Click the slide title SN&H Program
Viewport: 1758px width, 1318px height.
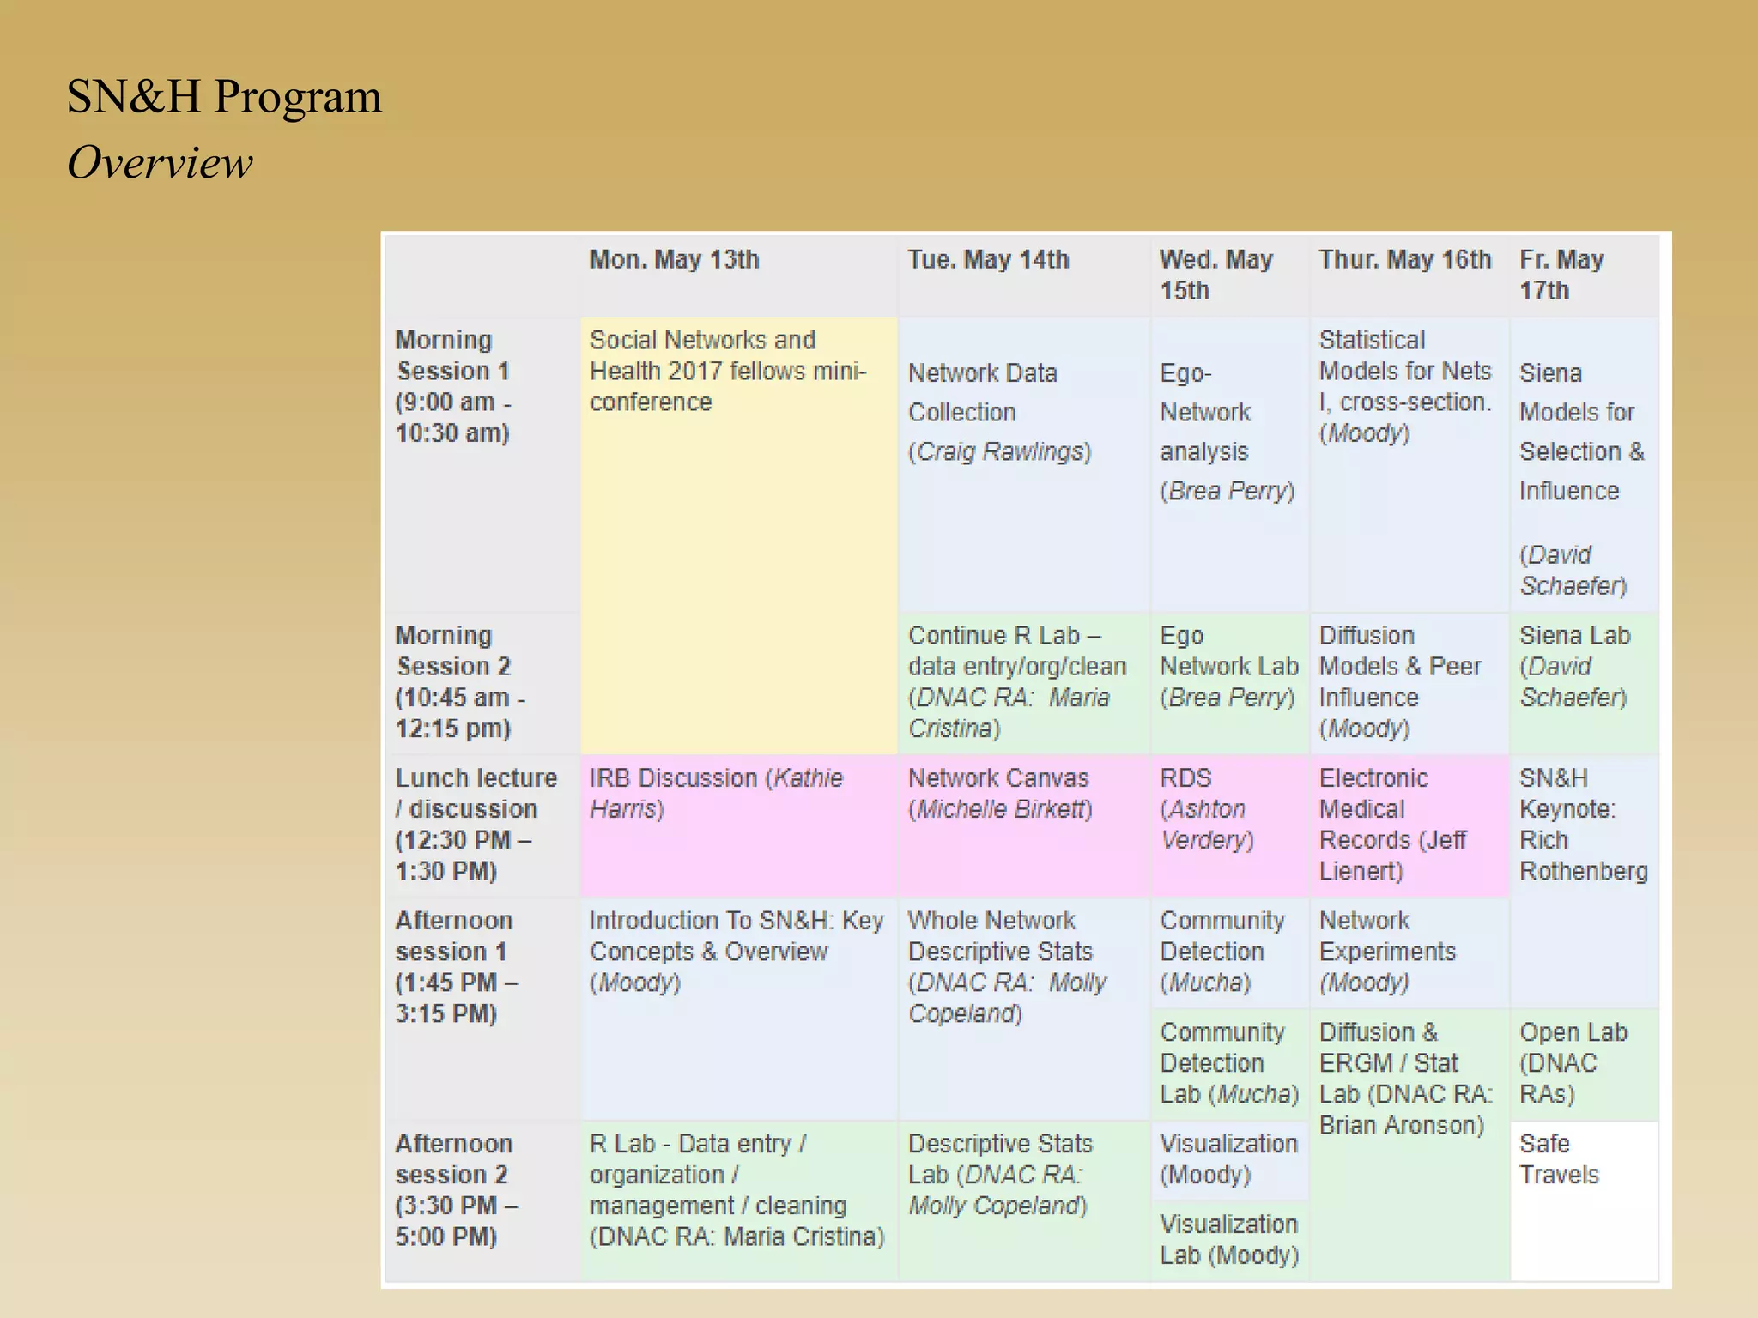coord(224,96)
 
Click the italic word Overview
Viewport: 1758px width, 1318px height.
coord(160,163)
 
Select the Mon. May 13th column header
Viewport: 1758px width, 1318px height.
coord(674,259)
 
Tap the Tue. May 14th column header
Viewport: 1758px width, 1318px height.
coord(988,259)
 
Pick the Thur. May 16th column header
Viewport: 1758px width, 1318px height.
coord(1404,259)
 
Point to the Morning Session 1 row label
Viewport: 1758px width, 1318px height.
coord(452,386)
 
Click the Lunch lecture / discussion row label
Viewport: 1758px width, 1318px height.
coord(476,824)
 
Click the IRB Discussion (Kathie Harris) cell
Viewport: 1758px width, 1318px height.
coord(716,794)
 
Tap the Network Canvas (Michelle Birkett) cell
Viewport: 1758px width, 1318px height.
coord(1000,794)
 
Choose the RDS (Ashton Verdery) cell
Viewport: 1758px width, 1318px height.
coord(1206,809)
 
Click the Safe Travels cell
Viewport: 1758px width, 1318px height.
coord(1559,1158)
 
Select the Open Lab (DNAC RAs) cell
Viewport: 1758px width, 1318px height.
coord(1573,1062)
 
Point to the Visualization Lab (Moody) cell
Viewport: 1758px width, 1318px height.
coord(1228,1240)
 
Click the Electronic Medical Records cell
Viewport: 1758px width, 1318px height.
coord(1392,824)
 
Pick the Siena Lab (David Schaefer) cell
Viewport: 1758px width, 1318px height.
coord(1573,667)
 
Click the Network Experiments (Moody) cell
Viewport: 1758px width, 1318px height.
coord(1387,951)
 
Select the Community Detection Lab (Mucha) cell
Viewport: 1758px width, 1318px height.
coord(1228,1062)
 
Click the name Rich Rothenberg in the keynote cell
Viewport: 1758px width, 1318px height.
coord(1583,855)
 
